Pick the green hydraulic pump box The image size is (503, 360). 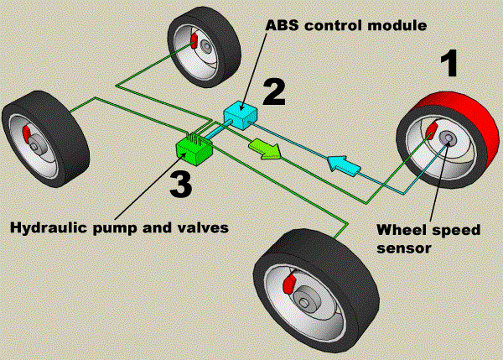click(194, 149)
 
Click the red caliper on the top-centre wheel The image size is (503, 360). click(192, 41)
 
